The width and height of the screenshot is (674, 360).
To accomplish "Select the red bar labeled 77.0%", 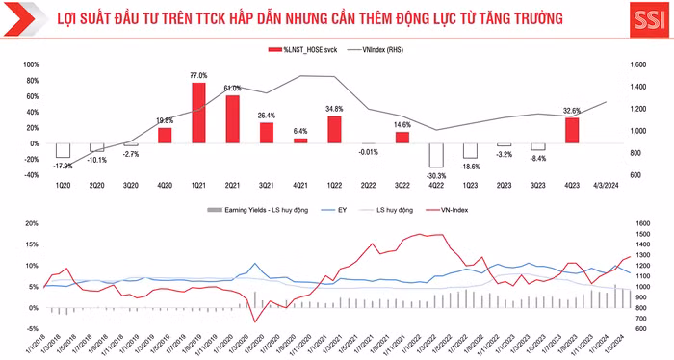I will [x=198, y=113].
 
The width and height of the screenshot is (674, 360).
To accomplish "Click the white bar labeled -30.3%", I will [x=436, y=155].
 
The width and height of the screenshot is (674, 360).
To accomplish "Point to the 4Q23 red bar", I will [x=572, y=130].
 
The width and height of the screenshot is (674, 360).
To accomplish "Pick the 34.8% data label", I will [x=335, y=109].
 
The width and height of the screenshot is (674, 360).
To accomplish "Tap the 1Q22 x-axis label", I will [x=334, y=186].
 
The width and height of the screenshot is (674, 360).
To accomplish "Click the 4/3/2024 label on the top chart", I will [x=606, y=186].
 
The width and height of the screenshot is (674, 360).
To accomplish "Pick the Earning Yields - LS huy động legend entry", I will [x=255, y=208].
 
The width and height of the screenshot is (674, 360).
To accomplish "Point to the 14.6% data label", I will [x=402, y=124].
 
